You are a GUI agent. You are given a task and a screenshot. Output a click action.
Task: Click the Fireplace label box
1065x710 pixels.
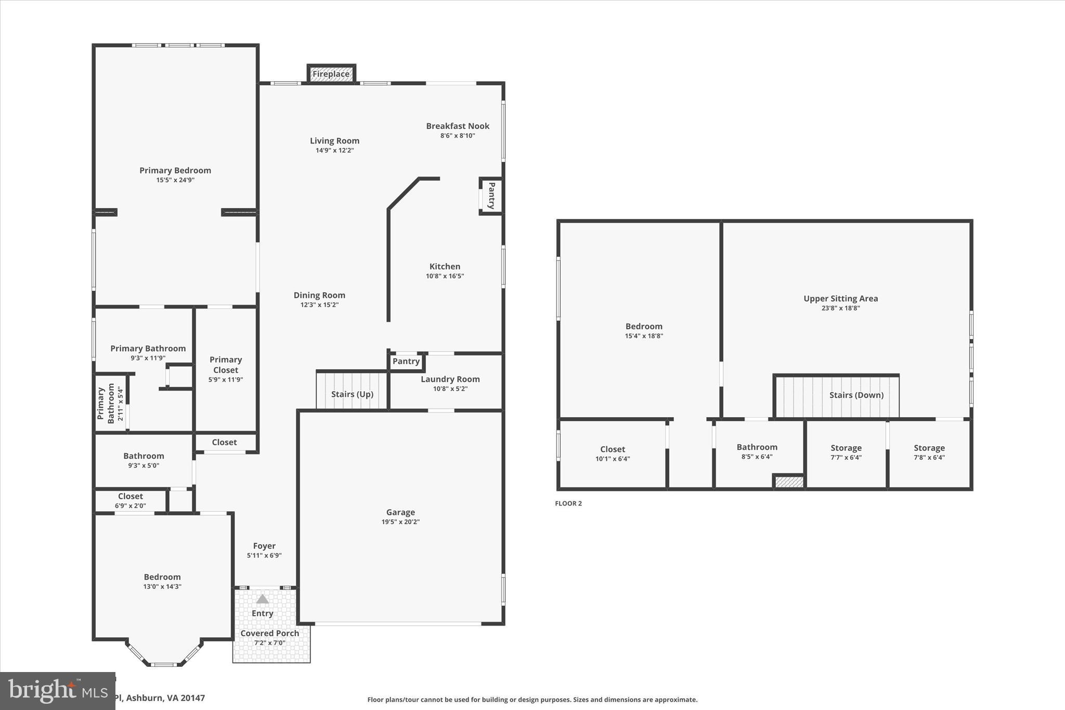click(331, 74)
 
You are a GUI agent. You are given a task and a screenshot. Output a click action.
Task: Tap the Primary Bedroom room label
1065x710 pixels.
click(175, 171)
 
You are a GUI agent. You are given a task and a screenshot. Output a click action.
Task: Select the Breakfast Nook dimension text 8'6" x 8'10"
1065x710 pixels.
click(458, 136)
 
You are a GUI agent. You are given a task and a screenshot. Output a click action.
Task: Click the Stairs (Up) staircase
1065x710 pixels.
click(352, 391)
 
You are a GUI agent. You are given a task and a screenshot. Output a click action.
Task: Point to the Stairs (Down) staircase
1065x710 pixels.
click(836, 396)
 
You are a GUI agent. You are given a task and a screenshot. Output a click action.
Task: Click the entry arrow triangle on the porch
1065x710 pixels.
click(263, 599)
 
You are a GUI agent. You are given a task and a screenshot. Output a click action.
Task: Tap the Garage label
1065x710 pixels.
click(400, 512)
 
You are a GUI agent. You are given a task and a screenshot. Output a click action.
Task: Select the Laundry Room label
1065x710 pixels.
click(450, 379)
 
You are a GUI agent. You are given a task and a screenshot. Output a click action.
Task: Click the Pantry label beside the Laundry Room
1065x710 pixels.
click(406, 362)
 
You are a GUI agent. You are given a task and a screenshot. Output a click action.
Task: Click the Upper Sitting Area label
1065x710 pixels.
click(840, 299)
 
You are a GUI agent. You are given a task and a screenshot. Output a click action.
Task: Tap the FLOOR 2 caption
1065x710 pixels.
click(568, 504)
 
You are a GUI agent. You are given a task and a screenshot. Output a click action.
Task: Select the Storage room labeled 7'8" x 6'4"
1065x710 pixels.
click(929, 453)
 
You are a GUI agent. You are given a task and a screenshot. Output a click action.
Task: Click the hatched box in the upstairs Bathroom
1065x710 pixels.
click(789, 482)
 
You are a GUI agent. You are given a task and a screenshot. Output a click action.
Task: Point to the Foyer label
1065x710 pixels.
click(264, 546)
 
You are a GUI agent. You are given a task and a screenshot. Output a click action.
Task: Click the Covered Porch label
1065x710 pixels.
click(269, 634)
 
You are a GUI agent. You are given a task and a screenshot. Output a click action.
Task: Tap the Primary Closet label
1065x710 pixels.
click(226, 365)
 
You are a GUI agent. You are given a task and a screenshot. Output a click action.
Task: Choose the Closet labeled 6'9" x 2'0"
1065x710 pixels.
click(130, 500)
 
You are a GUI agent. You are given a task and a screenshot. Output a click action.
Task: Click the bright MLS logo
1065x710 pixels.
click(57, 691)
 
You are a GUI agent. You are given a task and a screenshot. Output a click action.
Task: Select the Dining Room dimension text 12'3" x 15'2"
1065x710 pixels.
click(319, 305)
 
